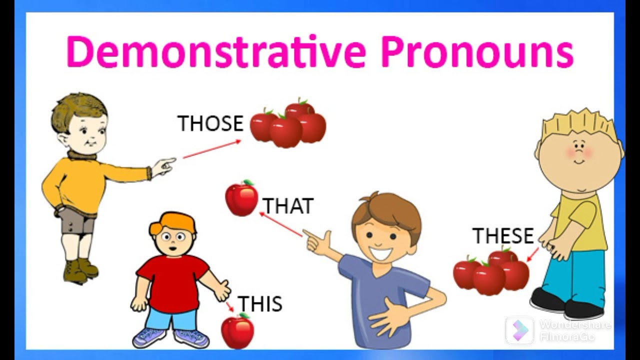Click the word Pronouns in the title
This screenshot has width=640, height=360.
[x=477, y=52]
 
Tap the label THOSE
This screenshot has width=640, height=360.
[x=210, y=123]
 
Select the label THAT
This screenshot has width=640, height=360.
[x=288, y=206]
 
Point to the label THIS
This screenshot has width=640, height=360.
[x=259, y=304]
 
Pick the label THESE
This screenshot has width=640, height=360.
[x=503, y=236]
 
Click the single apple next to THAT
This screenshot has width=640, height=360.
[x=241, y=198]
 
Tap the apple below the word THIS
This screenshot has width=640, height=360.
[x=237, y=331]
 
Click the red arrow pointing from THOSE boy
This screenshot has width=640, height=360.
[x=211, y=149]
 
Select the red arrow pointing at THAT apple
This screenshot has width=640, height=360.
[x=280, y=224]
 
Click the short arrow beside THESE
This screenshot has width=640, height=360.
[x=533, y=254]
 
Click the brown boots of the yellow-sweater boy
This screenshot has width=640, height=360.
[x=80, y=270]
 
